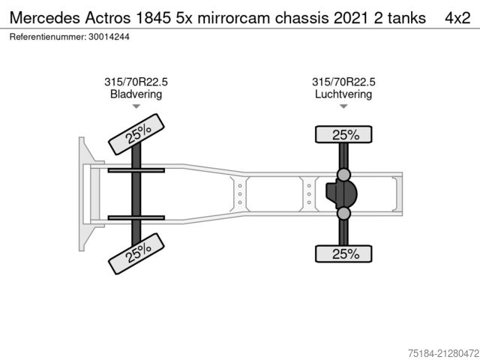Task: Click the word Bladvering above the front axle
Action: point(136,94)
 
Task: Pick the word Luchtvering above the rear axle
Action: point(343,94)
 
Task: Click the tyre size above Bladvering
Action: point(136,82)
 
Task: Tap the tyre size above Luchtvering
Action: point(343,82)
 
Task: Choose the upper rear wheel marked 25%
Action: point(344,135)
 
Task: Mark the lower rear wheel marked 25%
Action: point(344,254)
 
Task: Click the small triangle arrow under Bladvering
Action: point(136,106)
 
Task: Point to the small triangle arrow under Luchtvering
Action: point(343,106)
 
